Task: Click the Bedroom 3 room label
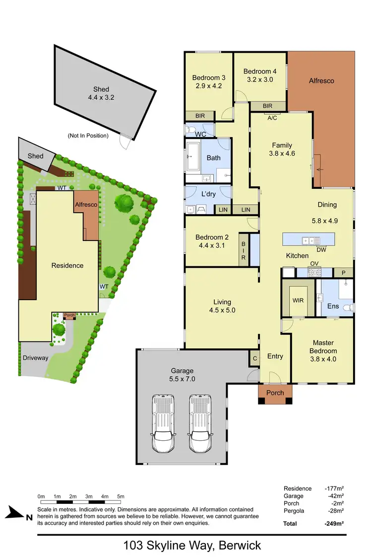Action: coord(209,78)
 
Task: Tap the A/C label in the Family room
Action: coord(272,118)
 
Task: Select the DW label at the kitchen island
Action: coord(321,249)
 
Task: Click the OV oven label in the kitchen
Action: coord(313,263)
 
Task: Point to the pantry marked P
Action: coord(344,272)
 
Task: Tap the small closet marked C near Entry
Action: coord(254,358)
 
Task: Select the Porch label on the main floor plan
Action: coord(275,393)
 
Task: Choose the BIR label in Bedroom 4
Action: coord(267,106)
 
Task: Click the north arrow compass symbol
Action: coord(17,514)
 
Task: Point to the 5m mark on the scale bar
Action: coord(121,496)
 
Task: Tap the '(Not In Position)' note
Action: coord(88,135)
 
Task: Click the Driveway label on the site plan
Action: coord(35,357)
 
